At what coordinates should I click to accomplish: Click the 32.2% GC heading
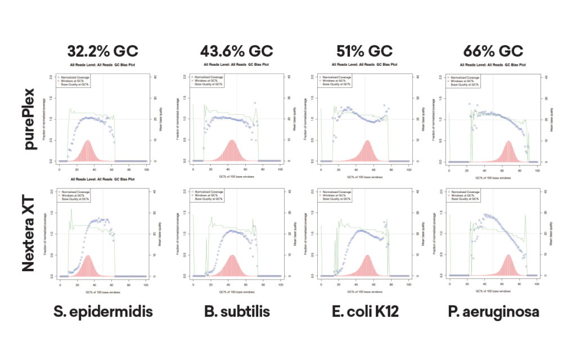pos(102,51)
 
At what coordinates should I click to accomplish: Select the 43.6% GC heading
pos(236,51)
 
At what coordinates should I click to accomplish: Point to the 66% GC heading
pos(493,51)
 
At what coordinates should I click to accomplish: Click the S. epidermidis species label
pos(103,312)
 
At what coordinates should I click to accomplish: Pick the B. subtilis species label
pos(236,312)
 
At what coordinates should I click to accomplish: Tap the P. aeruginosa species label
pos(493,312)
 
